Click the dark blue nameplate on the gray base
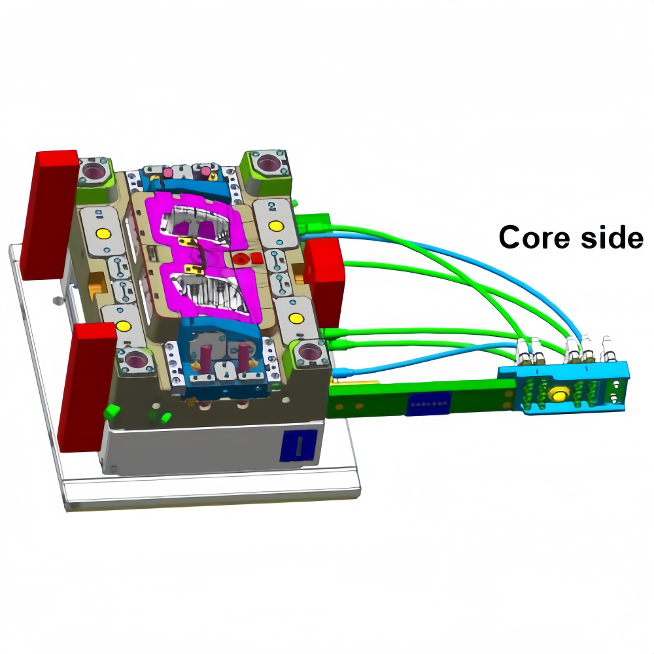[x=298, y=445]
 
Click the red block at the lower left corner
[x=86, y=387]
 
